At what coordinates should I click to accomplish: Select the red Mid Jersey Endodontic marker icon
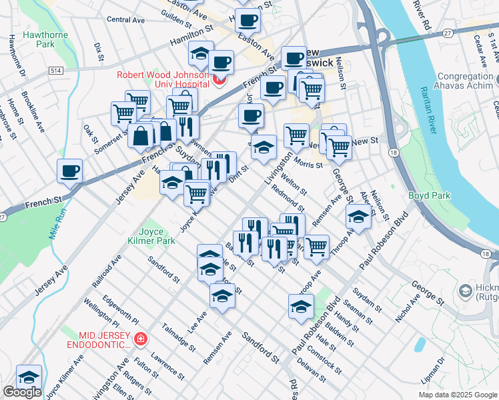pos(140,339)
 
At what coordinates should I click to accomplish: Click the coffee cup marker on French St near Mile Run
pos(70,171)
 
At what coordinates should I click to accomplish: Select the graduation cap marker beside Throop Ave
pos(359,217)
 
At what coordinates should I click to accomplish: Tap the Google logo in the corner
pos(22,392)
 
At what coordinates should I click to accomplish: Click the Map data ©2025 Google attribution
pos(458,395)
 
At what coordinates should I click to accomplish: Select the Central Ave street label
pos(125,20)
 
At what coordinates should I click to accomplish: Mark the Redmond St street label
pos(288,197)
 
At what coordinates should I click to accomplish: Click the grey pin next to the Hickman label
pos(464,291)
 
